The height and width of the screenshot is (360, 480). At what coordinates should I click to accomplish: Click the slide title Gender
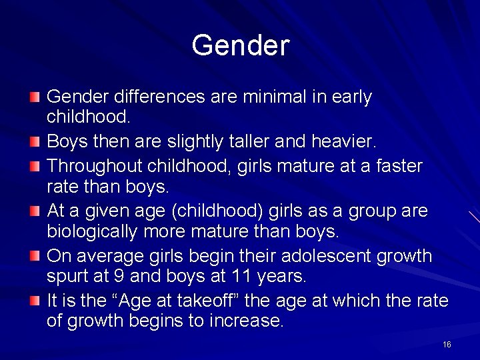(x=240, y=46)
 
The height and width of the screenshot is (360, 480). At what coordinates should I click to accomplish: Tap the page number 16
(x=447, y=344)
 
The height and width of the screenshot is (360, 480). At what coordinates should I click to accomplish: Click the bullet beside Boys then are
(x=35, y=142)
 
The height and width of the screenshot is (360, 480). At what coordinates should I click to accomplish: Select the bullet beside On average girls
(x=35, y=256)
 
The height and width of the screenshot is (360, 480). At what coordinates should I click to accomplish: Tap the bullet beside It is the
(x=35, y=301)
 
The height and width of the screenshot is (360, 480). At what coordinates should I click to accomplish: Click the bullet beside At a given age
(x=35, y=211)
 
